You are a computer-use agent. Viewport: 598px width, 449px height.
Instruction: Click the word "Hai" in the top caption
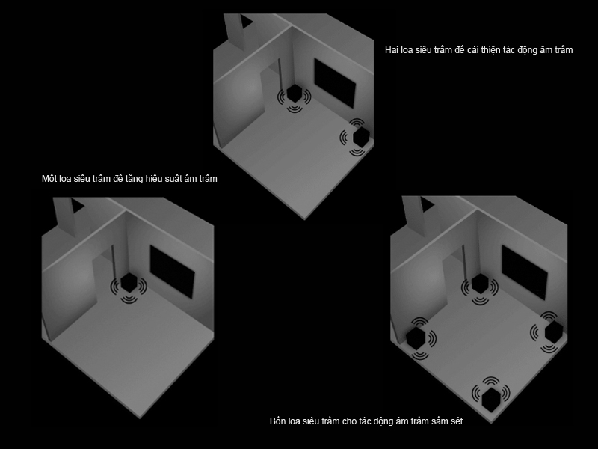click(391, 50)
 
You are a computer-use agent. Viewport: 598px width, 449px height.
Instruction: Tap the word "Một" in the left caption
click(49, 178)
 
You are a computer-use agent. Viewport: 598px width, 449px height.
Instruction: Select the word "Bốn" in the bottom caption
click(277, 421)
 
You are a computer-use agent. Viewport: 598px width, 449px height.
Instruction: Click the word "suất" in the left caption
click(174, 178)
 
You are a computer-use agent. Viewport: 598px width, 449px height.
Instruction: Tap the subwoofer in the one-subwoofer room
click(129, 284)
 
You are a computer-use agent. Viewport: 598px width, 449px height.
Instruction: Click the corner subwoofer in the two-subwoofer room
click(294, 93)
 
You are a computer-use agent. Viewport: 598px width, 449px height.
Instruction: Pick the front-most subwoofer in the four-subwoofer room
click(491, 399)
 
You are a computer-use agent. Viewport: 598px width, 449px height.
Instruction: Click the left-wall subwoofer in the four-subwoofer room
click(416, 337)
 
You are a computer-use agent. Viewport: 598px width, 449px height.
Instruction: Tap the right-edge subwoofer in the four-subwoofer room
click(554, 332)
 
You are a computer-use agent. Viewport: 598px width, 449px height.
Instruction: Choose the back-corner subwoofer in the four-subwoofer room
click(480, 284)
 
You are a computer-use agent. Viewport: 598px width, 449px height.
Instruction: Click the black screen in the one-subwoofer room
click(173, 272)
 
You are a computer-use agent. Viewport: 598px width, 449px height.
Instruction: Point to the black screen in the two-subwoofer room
click(335, 83)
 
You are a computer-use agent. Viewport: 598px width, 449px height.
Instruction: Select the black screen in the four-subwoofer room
click(525, 272)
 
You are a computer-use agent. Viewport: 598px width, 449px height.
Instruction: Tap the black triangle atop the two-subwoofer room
click(244, 21)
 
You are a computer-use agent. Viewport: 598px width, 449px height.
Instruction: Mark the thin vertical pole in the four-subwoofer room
click(463, 264)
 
